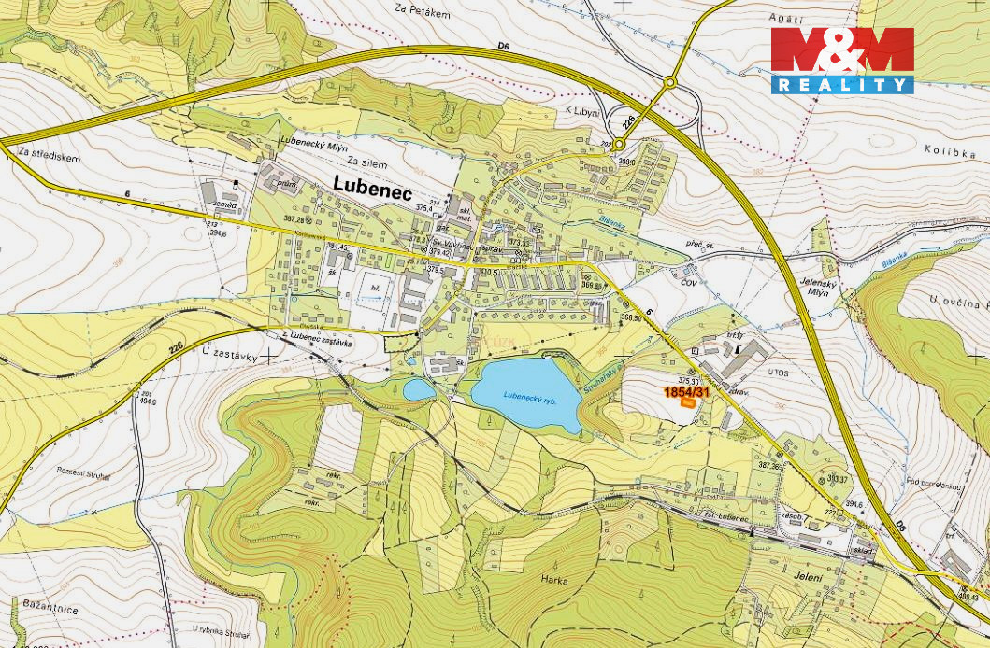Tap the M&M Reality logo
coord(842,61)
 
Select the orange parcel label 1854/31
coord(687,393)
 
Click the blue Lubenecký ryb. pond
coord(525,395)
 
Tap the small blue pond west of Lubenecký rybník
coord(418,388)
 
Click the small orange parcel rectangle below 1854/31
coord(688,403)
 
